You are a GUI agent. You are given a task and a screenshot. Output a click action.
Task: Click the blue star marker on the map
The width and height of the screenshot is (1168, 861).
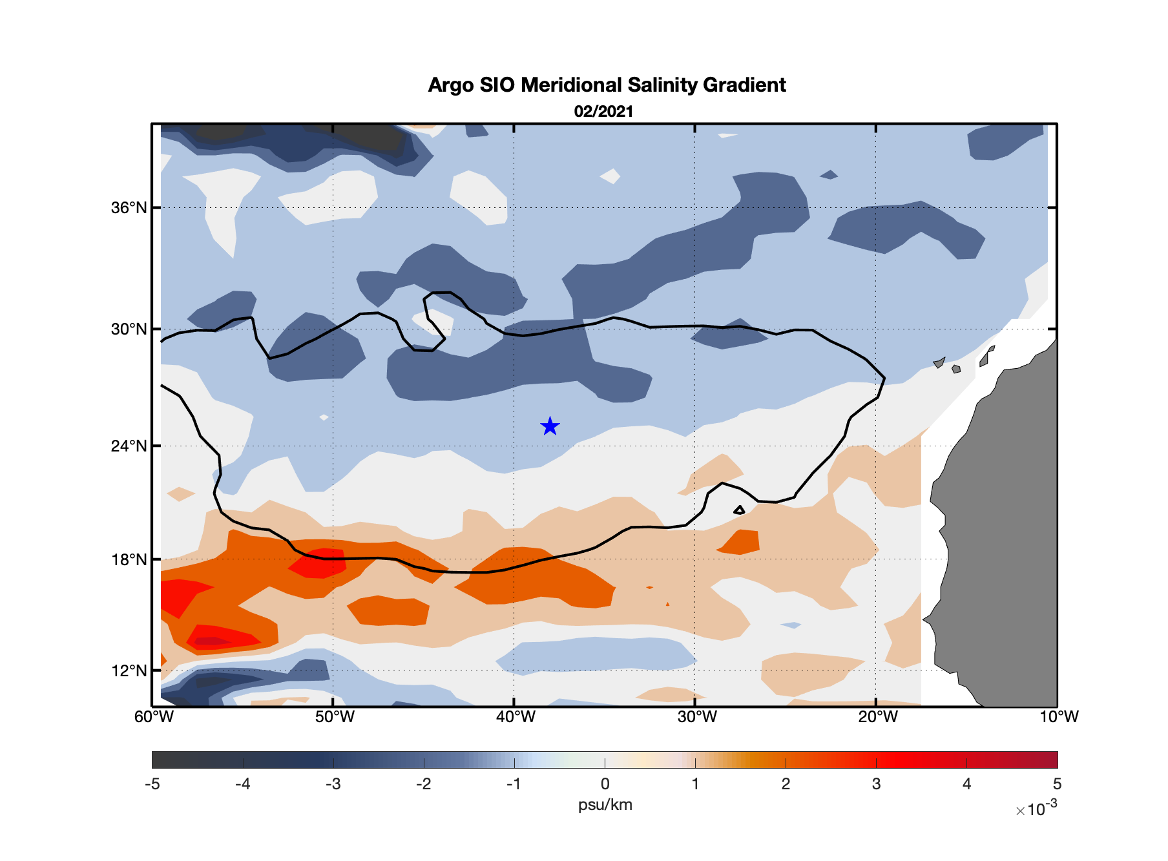point(550,426)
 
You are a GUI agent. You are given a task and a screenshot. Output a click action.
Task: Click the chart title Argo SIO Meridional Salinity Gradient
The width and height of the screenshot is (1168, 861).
point(607,85)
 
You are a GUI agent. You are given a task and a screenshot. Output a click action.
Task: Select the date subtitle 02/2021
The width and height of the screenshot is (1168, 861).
point(603,112)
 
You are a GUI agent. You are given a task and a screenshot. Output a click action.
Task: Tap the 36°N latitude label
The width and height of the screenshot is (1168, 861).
point(129,208)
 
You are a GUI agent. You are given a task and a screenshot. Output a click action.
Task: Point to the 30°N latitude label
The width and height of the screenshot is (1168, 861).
point(129,329)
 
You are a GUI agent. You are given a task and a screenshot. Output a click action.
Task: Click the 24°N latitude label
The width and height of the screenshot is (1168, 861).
point(129,446)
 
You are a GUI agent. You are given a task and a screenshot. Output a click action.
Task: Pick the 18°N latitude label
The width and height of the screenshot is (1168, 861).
point(129,559)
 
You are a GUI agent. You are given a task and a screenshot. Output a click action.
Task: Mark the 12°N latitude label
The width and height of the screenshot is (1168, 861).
point(129,671)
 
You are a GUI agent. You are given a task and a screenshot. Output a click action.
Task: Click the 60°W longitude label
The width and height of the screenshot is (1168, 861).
point(154,717)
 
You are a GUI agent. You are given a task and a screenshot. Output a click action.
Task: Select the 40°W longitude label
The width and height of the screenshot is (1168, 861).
point(516,717)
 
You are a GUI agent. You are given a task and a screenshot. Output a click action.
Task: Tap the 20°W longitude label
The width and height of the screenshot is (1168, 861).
point(877,717)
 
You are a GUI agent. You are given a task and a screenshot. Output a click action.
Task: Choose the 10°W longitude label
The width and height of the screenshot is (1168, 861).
point(1058,717)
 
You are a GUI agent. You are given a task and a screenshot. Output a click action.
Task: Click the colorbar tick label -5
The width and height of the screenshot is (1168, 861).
point(152,784)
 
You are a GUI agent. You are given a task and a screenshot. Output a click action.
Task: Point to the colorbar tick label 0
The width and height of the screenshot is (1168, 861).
point(605,784)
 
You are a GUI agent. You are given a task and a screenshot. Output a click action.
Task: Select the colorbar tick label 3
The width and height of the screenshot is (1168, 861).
point(876,784)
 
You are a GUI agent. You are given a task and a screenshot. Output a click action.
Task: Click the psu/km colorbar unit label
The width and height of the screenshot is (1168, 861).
point(605,805)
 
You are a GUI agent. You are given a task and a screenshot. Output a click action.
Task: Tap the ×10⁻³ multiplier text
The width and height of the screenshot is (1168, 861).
point(1036,809)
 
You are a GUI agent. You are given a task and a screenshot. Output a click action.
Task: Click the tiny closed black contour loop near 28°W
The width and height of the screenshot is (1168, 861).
point(740,510)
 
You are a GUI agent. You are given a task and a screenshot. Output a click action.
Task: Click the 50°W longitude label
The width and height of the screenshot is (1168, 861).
point(335,717)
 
